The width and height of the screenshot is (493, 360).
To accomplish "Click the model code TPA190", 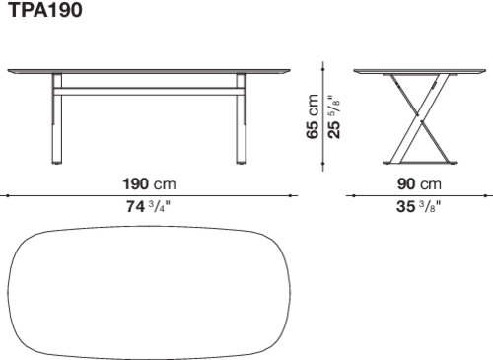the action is click(44, 10).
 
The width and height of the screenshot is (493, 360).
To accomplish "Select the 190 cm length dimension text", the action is click(149, 184).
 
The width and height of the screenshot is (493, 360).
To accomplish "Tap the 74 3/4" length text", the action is click(149, 207).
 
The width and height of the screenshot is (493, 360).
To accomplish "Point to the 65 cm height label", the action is click(313, 116).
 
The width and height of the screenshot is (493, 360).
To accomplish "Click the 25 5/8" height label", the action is click(334, 117).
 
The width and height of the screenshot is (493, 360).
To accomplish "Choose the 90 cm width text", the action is click(419, 184).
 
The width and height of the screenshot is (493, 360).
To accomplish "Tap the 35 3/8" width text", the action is click(418, 207).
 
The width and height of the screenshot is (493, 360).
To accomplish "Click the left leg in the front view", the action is click(57, 118).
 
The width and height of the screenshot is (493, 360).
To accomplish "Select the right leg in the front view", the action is click(241, 118).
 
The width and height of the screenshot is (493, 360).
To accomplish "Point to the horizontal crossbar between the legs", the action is click(149, 92).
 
